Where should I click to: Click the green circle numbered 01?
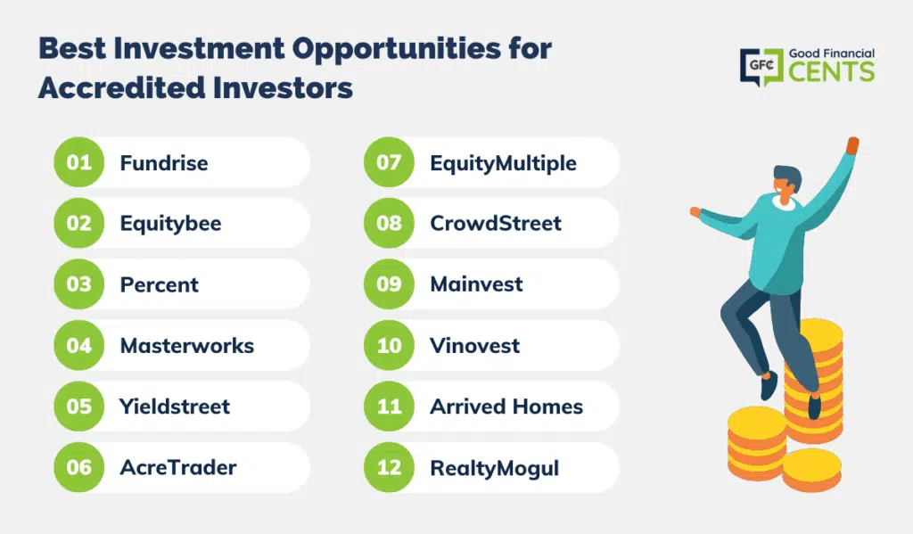click(78, 162)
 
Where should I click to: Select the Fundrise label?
click(164, 163)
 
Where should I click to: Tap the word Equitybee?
click(170, 224)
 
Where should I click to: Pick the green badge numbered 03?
click(78, 284)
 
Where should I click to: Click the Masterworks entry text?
click(187, 346)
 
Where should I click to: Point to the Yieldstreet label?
click(175, 407)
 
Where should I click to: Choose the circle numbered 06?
click(78, 467)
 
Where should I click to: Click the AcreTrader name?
click(178, 468)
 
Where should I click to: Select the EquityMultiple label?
click(503, 164)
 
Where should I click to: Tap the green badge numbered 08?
click(389, 223)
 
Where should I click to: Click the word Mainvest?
click(476, 284)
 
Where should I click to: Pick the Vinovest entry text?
click(474, 346)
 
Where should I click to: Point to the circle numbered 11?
click(389, 406)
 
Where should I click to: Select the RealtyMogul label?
click(494, 469)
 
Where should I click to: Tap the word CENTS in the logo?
click(832, 72)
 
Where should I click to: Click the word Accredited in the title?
click(121, 88)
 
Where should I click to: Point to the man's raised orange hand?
click(851, 145)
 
